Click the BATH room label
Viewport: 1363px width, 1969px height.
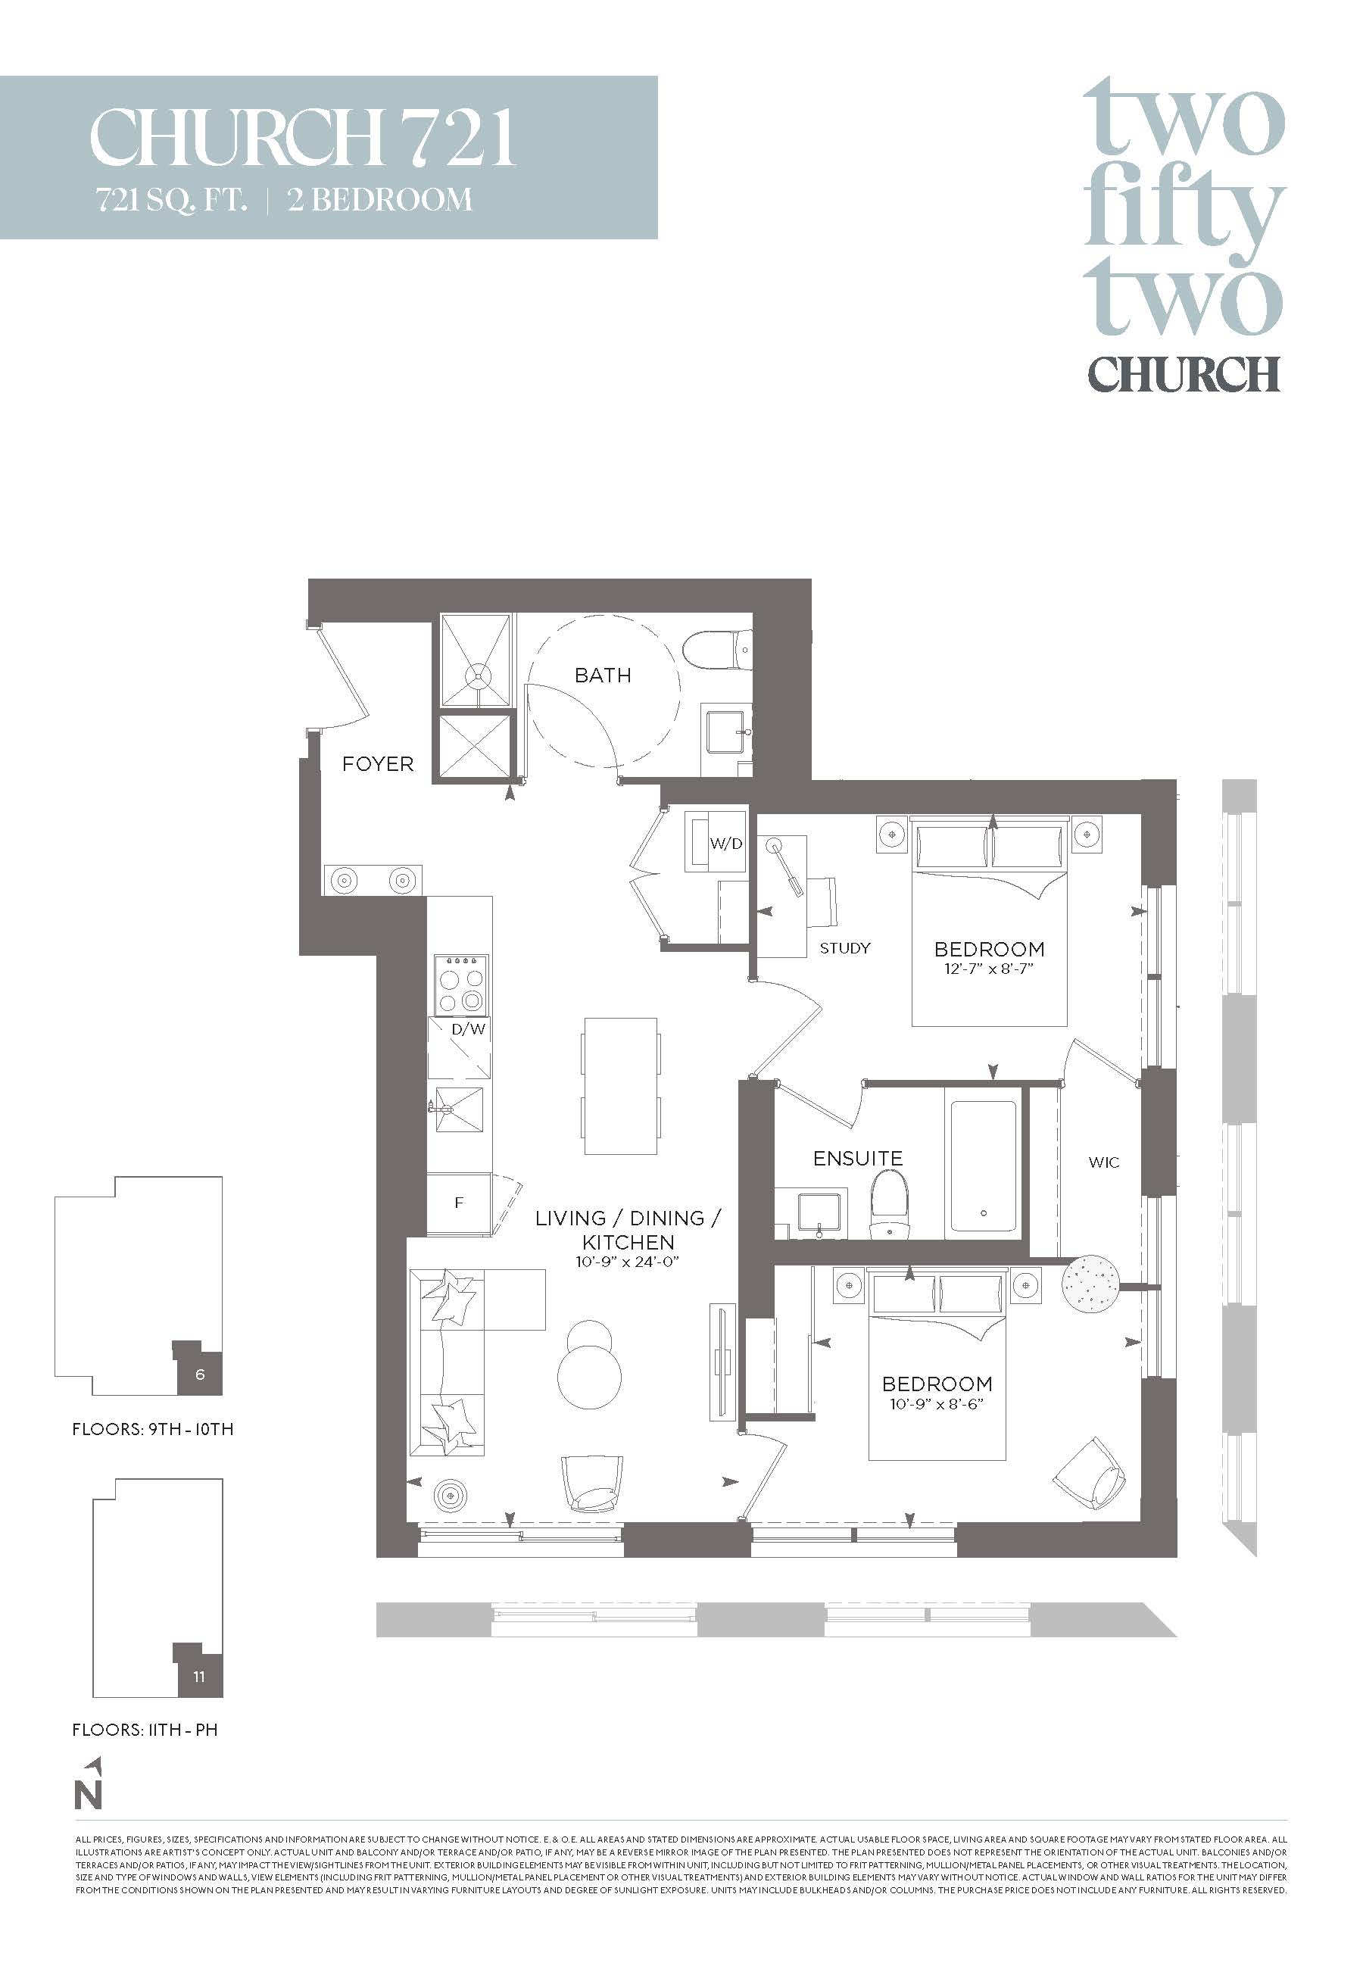pos(602,676)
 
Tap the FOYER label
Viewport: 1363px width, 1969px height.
pos(377,764)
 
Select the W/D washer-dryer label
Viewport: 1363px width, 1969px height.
pos(726,844)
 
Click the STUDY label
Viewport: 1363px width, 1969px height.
pos(844,948)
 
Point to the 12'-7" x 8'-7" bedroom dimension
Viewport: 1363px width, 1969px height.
pos(989,969)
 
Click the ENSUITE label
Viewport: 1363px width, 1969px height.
pos(857,1158)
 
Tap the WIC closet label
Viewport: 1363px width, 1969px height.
pos(1103,1162)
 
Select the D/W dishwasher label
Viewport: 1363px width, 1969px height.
pos(468,1029)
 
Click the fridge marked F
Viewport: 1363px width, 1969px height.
pos(459,1203)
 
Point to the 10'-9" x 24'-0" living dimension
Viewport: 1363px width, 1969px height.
pos(627,1261)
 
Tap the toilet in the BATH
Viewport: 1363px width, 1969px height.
pos(716,651)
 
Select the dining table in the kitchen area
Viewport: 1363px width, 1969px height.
pos(621,1085)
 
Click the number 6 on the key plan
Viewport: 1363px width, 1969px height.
pos(200,1374)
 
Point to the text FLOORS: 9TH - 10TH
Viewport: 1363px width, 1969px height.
pos(153,1428)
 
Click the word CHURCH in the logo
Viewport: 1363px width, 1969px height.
pos(1183,373)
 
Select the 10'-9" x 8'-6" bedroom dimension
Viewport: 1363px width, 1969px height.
pos(937,1404)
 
